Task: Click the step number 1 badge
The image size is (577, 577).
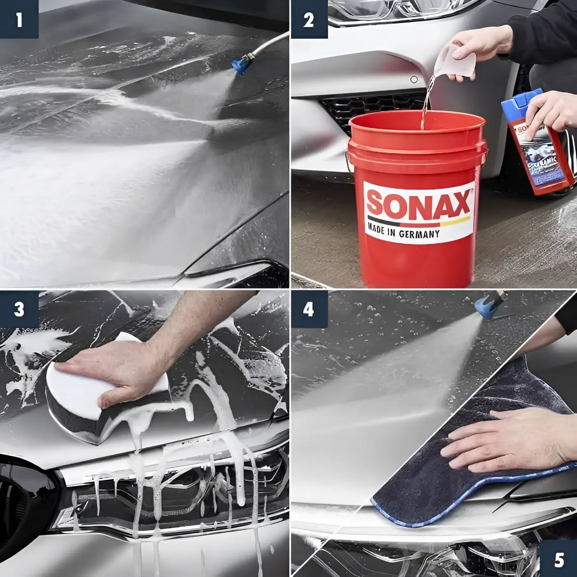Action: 19,19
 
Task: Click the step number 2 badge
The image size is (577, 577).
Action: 309,19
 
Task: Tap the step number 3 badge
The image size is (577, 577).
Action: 19,309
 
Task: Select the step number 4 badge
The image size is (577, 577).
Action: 309,309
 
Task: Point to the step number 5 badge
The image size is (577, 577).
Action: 559,559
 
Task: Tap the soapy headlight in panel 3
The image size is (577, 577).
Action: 165,495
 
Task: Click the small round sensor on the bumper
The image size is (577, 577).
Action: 414,79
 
